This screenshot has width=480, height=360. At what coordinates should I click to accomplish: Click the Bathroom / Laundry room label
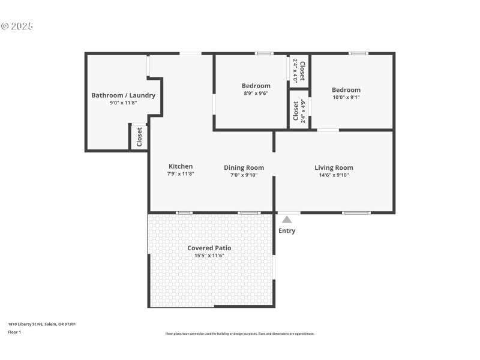point(123,95)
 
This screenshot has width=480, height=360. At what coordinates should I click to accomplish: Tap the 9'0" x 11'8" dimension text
point(123,103)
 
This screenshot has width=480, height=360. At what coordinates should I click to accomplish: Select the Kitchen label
point(181,167)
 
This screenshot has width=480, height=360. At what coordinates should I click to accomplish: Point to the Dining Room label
point(244,168)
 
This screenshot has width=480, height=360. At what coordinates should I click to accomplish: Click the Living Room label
point(334,168)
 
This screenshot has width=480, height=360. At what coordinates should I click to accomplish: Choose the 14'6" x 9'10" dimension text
point(334,175)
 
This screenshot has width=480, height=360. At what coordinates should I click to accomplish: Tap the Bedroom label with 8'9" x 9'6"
point(256,86)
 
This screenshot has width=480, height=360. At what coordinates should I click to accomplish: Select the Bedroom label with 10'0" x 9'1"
point(346,90)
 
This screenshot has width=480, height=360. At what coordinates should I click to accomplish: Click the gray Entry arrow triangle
point(287,220)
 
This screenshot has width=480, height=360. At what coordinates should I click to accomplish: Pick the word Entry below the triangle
point(287,231)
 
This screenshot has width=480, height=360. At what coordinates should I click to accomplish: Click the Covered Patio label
point(209,248)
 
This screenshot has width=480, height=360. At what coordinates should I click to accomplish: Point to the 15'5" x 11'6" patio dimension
point(209,256)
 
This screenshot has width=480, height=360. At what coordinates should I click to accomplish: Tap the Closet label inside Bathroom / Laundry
point(139,137)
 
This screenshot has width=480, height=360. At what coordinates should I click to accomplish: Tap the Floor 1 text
point(14,332)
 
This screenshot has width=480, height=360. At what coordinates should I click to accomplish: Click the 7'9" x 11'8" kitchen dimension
point(181,174)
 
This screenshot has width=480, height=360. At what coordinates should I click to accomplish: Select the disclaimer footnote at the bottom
point(239,334)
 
